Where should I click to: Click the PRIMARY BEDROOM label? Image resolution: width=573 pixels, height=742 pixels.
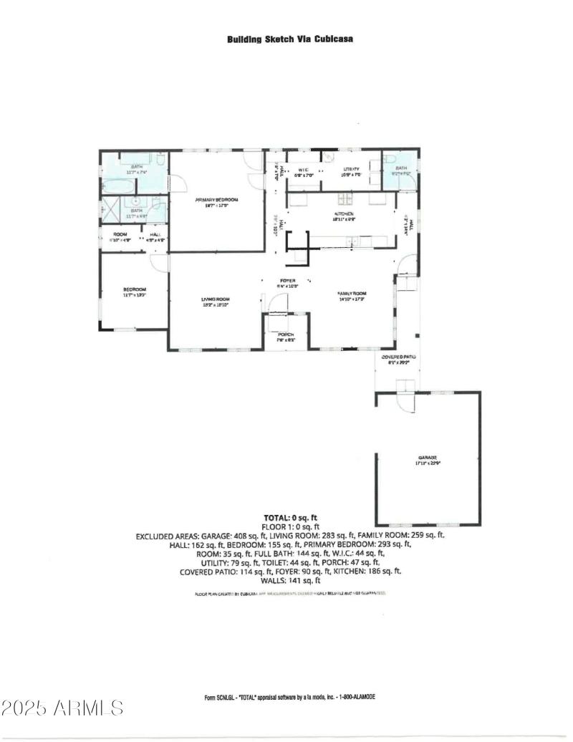216,200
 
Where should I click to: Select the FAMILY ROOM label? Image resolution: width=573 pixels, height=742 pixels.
352,294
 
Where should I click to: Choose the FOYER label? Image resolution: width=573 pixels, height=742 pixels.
287,280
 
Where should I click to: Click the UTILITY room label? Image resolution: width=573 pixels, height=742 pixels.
350,169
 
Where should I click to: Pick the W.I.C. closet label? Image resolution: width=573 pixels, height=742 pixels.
302,170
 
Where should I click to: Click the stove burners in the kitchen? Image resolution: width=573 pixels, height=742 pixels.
345,198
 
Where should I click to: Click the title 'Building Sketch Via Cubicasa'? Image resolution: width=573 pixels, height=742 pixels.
289,39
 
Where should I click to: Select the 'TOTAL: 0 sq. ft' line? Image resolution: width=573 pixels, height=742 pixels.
290,516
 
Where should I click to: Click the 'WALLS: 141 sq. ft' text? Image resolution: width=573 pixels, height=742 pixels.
290,581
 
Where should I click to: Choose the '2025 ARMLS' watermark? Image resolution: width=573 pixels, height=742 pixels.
62,708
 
